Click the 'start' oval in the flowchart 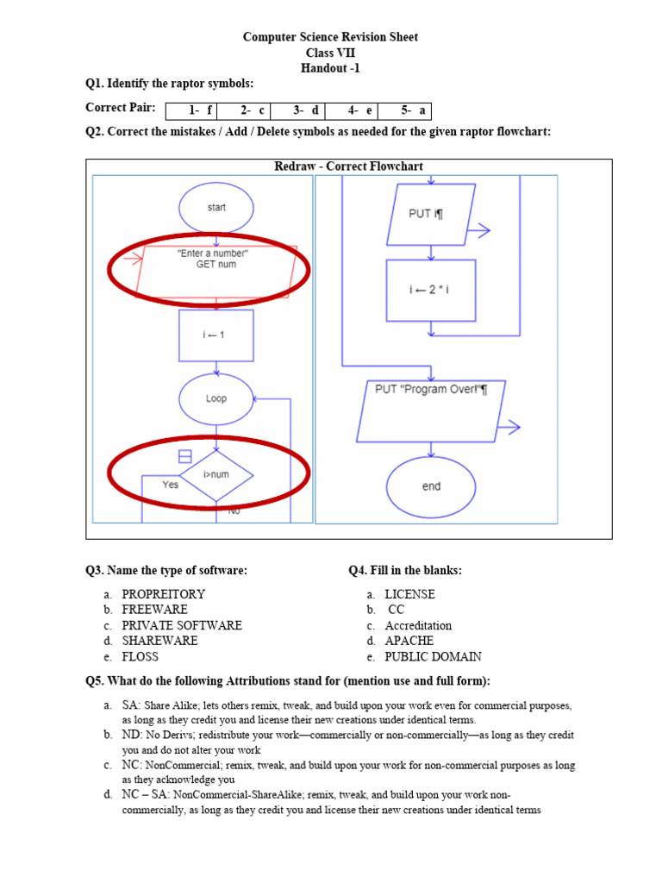click(215, 209)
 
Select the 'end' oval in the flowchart click(431, 486)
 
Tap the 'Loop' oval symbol click(215, 399)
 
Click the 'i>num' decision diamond click(215, 475)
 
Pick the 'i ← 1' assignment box click(215, 335)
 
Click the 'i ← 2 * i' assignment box click(430, 290)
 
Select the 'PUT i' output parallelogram click(427, 216)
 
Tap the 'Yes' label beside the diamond click(171, 485)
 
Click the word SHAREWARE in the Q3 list click(159, 641)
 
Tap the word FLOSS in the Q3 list click(141, 656)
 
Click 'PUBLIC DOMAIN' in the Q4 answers click(433, 656)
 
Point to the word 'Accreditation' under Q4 click(418, 625)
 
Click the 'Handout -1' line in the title click(330, 68)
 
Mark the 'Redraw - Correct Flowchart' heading click(348, 166)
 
